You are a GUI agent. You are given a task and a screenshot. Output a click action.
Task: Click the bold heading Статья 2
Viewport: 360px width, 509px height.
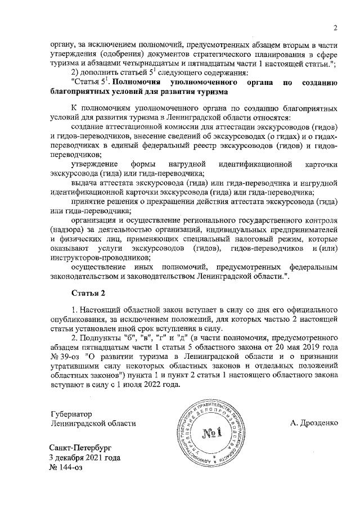click(87, 294)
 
